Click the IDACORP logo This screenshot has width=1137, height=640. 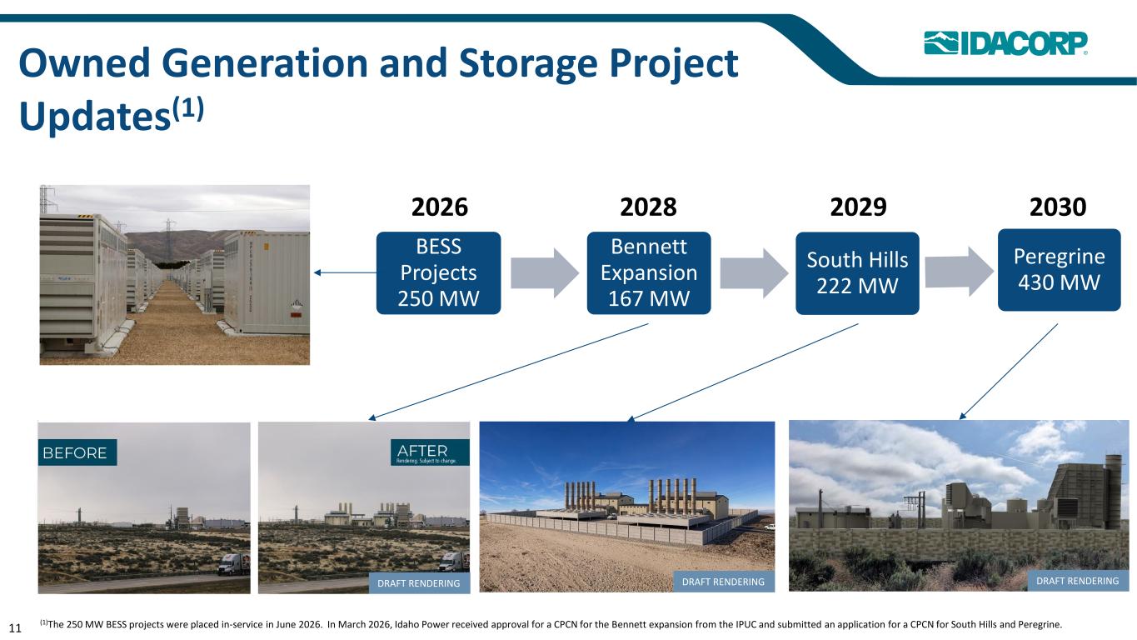pyautogui.click(x=1005, y=43)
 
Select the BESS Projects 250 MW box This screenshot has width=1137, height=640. pyautogui.click(x=438, y=272)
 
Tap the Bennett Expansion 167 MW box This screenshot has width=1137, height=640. pyautogui.click(x=649, y=272)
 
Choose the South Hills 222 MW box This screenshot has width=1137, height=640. pyautogui.click(x=857, y=273)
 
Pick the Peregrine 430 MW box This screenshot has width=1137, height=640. pyautogui.click(x=1060, y=270)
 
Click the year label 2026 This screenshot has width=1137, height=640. pyautogui.click(x=440, y=207)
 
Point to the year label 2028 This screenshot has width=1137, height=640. pyautogui.click(x=648, y=207)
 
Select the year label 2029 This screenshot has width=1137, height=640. pyautogui.click(x=858, y=207)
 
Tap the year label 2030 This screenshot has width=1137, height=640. pyautogui.click(x=1058, y=207)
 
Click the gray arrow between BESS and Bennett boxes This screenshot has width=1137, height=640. pyautogui.click(x=545, y=272)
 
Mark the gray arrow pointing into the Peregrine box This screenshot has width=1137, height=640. pyautogui.click(x=960, y=271)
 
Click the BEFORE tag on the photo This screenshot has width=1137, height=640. pyautogui.click(x=77, y=452)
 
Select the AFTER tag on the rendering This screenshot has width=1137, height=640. pyautogui.click(x=430, y=452)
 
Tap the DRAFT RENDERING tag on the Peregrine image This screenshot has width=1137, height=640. pyautogui.click(x=1078, y=581)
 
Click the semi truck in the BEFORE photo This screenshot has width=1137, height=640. pyautogui.click(x=234, y=564)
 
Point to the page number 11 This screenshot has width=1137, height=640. pyautogui.click(x=15, y=627)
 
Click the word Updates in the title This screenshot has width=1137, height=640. pyautogui.click(x=94, y=117)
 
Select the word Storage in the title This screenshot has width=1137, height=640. pyautogui.click(x=528, y=64)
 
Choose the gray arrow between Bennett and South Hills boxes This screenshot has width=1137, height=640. pyautogui.click(x=755, y=272)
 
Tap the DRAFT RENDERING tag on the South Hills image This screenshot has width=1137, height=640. pyautogui.click(x=723, y=582)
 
